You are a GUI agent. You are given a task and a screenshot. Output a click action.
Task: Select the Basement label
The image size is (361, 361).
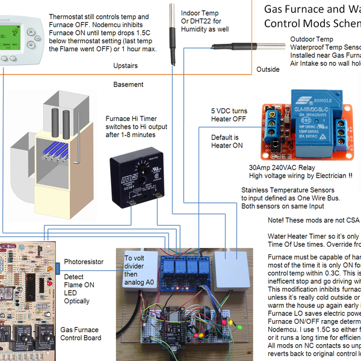coord(128,85)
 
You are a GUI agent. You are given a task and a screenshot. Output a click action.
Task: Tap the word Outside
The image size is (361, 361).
coord(268,69)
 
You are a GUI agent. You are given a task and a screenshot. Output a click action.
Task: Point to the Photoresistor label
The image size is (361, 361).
coord(84,262)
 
